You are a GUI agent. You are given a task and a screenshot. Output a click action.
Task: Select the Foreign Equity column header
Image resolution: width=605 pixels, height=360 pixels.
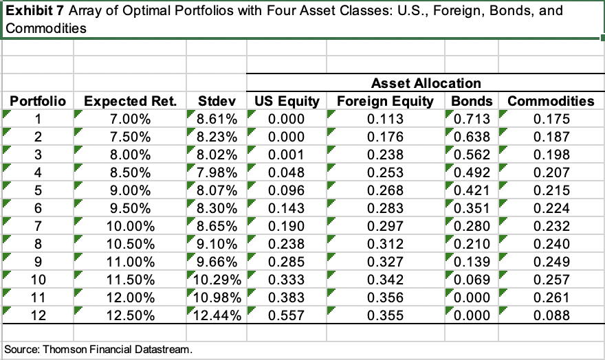click(385, 101)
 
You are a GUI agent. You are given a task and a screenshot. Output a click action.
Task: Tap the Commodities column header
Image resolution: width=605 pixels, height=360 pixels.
click(550, 101)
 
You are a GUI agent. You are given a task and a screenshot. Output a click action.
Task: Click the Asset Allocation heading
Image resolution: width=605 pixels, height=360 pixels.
click(426, 83)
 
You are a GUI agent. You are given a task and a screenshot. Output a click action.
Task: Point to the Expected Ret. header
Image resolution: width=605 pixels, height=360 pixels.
click(130, 101)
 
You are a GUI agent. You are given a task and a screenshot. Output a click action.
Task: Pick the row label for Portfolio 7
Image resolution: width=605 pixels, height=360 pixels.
click(38, 226)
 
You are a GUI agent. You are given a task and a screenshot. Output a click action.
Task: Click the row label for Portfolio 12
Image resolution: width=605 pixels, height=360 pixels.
click(38, 315)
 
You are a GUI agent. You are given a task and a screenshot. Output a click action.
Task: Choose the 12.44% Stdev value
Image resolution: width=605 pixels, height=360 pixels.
click(214, 315)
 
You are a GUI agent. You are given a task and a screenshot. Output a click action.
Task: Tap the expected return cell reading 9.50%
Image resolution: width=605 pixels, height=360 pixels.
click(135, 208)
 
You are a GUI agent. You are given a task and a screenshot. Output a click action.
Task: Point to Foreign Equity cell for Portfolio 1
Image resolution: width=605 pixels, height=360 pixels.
click(386, 119)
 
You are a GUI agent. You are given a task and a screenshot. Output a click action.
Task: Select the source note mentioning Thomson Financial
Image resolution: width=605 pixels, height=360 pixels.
click(98, 348)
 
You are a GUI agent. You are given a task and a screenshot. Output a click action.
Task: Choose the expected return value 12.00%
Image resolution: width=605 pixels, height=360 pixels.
click(135, 297)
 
